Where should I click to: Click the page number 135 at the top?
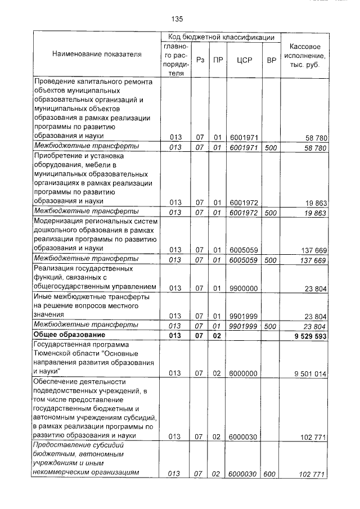coord(177,19)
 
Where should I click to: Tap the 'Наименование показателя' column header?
coord(97,54)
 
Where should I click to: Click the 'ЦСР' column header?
coord(244,60)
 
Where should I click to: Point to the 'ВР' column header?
coord(271,60)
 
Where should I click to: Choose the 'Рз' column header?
coord(199,60)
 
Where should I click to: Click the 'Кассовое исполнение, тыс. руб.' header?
coord(305,55)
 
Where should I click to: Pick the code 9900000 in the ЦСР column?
coord(244,289)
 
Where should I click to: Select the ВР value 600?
coord(270,474)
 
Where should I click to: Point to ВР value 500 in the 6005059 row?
coord(271,260)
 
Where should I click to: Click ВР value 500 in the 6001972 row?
coord(271,213)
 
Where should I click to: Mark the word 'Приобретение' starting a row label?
coord(57,156)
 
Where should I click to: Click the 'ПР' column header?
coord(217,60)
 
